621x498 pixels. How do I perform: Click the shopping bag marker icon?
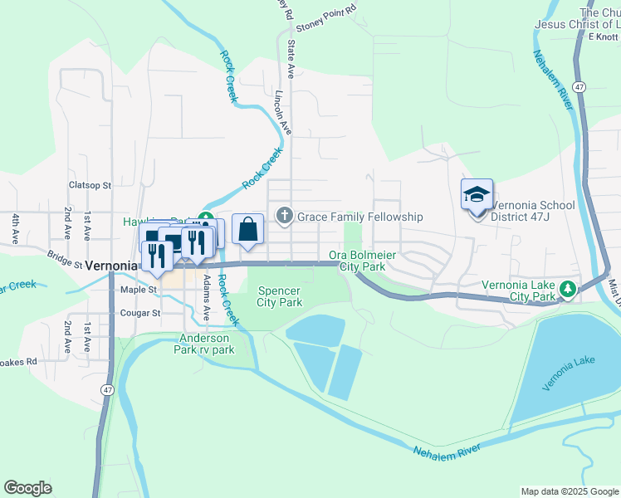pyautogui.click(x=248, y=229)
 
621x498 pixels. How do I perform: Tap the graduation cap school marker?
pyautogui.click(x=477, y=196)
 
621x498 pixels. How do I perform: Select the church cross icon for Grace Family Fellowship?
pyautogui.click(x=285, y=217)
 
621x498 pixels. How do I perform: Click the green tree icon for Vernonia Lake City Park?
pyautogui.click(x=568, y=290)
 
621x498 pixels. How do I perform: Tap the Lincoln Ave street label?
pyautogui.click(x=284, y=113)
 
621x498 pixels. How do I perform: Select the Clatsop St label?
pyautogui.click(x=90, y=185)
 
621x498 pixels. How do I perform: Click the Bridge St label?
pyautogui.click(x=65, y=260)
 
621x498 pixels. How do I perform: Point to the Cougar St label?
pyautogui.click(x=139, y=313)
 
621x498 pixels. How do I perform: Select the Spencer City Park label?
pyautogui.click(x=279, y=296)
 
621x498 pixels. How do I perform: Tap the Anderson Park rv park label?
pyautogui.click(x=208, y=344)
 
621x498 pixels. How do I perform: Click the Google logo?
pyautogui.click(x=27, y=488)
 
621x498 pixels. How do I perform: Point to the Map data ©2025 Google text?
pyautogui.click(x=569, y=491)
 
